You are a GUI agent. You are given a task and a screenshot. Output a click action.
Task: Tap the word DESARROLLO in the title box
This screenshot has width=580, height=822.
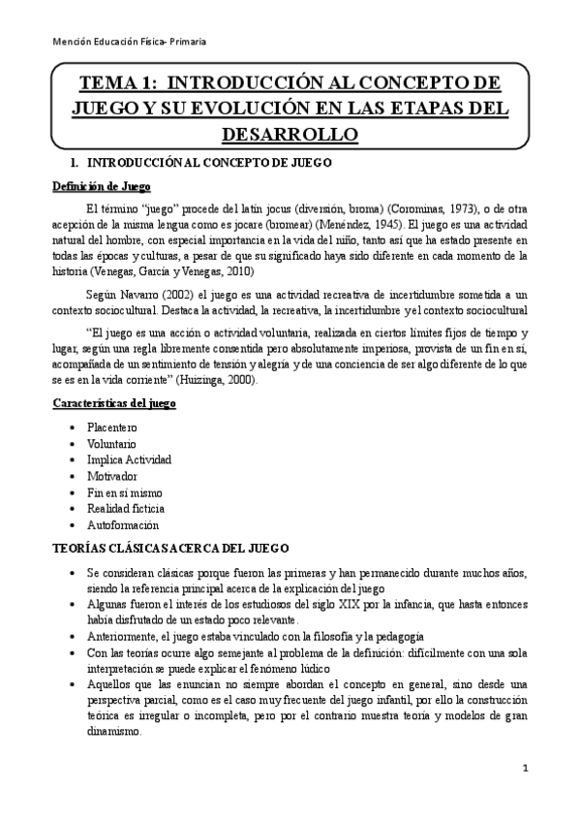pyautogui.click(x=290, y=131)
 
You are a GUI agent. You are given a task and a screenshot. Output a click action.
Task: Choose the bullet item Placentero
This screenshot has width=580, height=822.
pyautogui.click(x=111, y=427)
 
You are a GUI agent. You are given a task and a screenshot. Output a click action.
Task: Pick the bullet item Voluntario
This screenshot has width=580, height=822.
pyautogui.click(x=111, y=444)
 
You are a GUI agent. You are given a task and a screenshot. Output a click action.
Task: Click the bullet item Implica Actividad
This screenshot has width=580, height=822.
pyautogui.click(x=129, y=460)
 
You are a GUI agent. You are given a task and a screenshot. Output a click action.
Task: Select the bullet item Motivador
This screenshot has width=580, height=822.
pyautogui.click(x=111, y=477)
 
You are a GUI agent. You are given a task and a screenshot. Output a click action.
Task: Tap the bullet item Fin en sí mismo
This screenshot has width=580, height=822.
pyautogui.click(x=124, y=492)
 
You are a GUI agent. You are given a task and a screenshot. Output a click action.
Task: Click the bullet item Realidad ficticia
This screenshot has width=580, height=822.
pyautogui.click(x=125, y=508)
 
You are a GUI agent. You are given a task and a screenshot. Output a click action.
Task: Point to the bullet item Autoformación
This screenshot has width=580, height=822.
pyautogui.click(x=122, y=524)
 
